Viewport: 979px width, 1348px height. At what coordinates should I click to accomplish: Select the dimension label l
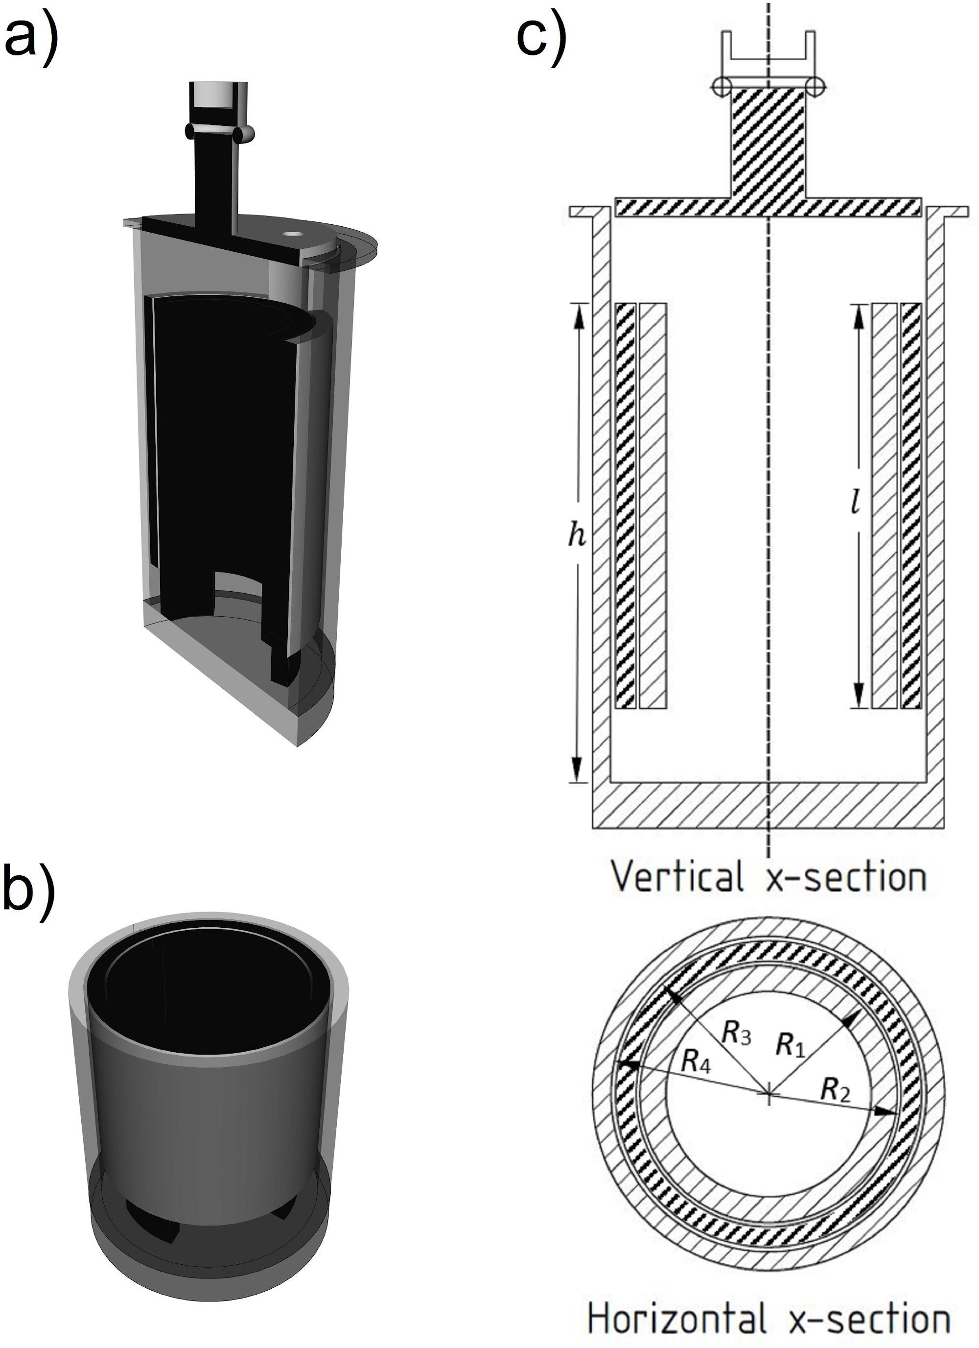pos(854,504)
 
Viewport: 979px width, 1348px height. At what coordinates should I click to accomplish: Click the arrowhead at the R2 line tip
pos(887,1111)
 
